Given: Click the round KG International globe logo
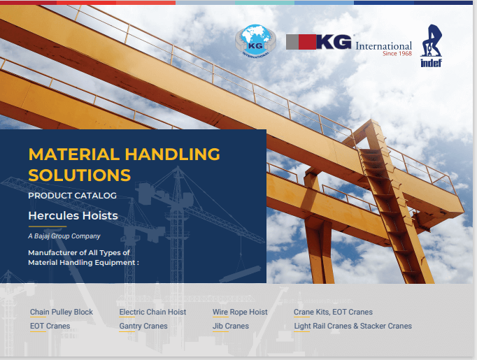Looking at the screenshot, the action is (255, 41).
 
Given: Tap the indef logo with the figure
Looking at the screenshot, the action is (431, 45).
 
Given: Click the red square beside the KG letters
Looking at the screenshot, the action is (307, 42).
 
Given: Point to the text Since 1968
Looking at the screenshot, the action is (397, 54).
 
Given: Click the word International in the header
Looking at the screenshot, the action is (383, 46).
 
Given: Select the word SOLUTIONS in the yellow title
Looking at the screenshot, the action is (80, 175).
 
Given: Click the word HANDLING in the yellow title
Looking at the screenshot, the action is (173, 154).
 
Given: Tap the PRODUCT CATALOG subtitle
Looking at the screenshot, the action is (73, 196).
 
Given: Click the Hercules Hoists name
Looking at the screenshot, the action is (73, 215).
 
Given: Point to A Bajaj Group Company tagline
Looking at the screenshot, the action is (64, 236).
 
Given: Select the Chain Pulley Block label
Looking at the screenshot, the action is (62, 312).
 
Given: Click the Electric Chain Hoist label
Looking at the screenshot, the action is (152, 312).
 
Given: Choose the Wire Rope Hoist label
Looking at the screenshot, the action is (240, 312).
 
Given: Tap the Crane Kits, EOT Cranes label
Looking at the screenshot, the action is (333, 312).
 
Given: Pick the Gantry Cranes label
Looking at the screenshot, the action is (143, 326).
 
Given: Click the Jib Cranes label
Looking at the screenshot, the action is (231, 326).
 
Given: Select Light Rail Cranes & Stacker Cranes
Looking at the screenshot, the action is (353, 326).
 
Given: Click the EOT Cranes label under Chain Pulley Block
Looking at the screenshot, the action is (50, 326).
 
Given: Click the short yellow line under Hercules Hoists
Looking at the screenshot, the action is (48, 226).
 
